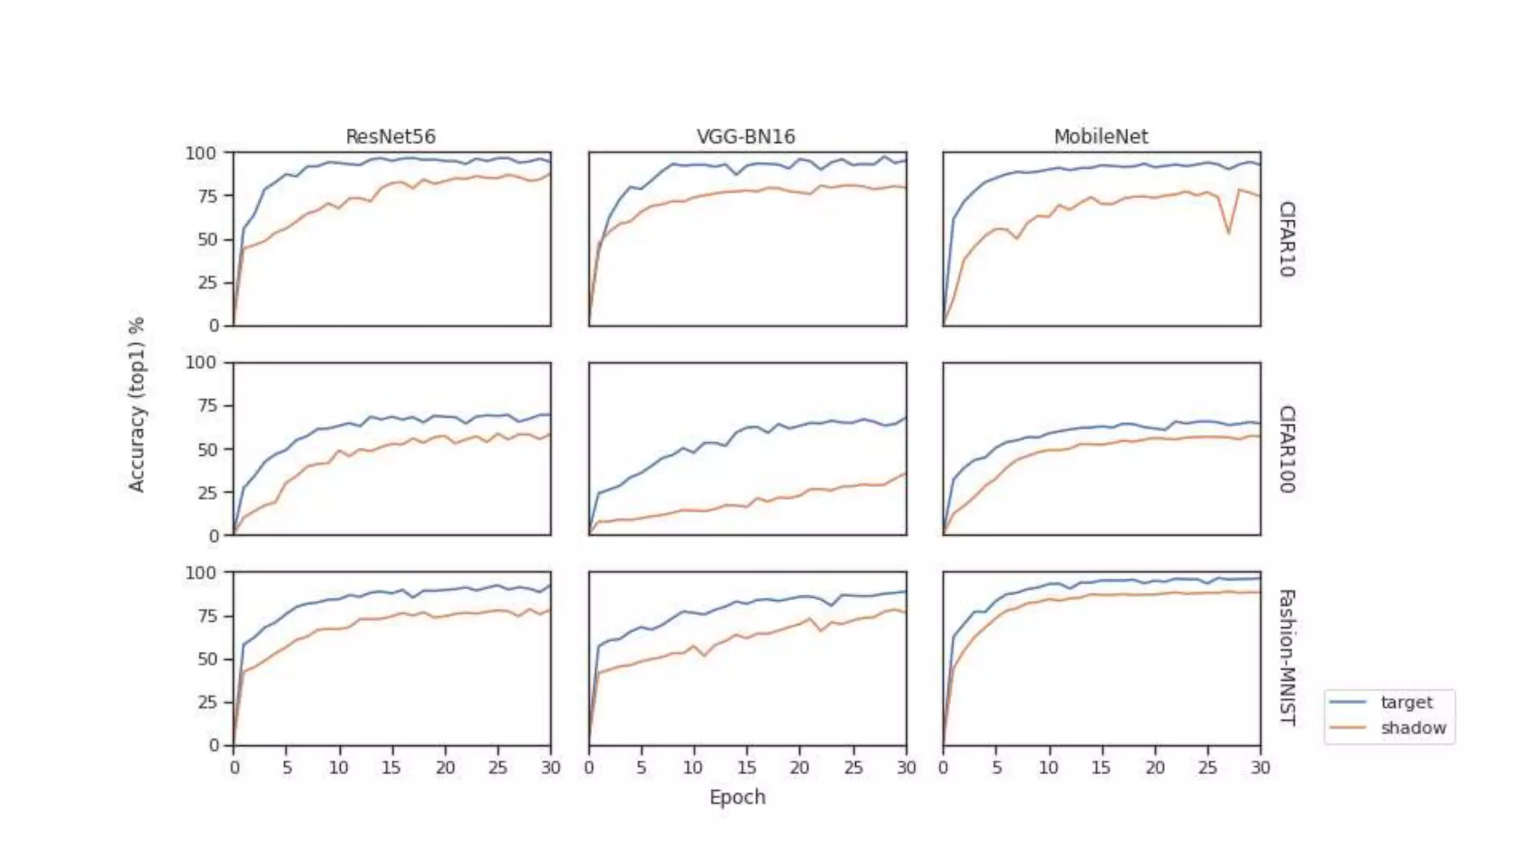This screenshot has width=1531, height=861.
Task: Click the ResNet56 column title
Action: [390, 137]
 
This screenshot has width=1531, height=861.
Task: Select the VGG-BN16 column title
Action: [745, 137]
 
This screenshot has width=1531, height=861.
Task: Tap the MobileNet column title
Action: [1100, 137]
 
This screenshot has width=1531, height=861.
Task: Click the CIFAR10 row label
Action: [1287, 239]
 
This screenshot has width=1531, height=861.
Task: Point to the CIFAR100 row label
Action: [1287, 449]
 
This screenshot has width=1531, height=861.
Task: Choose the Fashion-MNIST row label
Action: [1287, 658]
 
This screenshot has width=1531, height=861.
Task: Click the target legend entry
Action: [1405, 703]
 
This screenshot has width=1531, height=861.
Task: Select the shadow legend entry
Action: [1412, 728]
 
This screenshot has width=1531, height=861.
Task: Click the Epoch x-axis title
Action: [737, 797]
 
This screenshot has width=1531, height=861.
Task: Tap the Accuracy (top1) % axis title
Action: [136, 404]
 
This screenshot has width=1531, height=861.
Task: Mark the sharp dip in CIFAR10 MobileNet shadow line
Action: [1228, 233]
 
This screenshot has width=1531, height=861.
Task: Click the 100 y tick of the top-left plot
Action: [200, 153]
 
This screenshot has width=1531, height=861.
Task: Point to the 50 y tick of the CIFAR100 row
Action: [207, 449]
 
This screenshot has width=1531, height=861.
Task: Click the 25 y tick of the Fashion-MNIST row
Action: [207, 703]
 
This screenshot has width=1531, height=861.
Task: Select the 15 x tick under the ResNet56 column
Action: [390, 768]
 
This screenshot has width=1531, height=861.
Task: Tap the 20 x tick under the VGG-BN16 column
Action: [799, 768]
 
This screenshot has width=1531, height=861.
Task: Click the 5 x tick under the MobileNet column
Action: [996, 768]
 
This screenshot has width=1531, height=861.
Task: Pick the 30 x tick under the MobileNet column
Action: [1260, 768]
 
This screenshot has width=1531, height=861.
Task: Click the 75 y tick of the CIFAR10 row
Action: [207, 196]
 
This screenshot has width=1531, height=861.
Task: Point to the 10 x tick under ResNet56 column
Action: [338, 768]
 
